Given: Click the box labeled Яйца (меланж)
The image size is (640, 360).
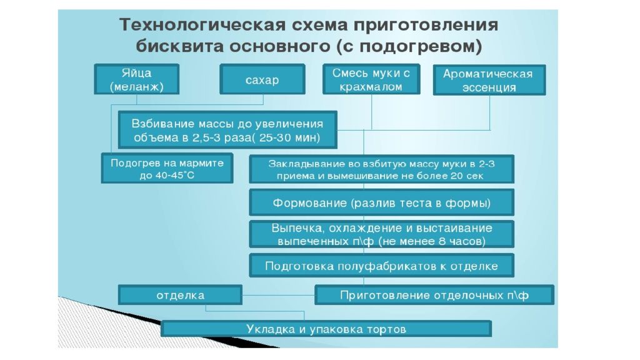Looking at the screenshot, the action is [137, 79].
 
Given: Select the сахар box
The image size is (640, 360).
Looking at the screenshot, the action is [262, 79].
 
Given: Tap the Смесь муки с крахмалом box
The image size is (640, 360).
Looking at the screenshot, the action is [371, 79].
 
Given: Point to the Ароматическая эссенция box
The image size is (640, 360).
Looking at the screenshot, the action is [489, 80].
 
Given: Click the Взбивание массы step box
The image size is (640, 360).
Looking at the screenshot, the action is [227, 130].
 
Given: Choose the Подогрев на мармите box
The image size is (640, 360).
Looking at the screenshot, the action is [167, 168].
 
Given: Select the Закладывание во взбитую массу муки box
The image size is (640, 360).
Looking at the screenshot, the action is [382, 169].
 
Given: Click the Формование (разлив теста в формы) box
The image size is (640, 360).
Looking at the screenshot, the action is [382, 202].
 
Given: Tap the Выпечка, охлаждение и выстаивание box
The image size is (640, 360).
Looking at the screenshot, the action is [382, 234].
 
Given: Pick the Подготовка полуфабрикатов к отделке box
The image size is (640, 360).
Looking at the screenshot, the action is [382, 266].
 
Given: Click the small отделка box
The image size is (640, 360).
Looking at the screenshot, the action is [180, 295].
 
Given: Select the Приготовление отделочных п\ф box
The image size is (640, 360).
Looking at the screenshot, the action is [434, 295].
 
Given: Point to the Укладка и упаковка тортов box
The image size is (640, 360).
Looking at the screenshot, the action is [326, 329].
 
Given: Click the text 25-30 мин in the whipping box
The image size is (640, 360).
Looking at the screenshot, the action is [289, 137].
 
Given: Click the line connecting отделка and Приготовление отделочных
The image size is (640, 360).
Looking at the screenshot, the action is [278, 295].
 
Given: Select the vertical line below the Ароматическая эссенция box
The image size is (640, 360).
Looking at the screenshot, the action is [490, 113].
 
